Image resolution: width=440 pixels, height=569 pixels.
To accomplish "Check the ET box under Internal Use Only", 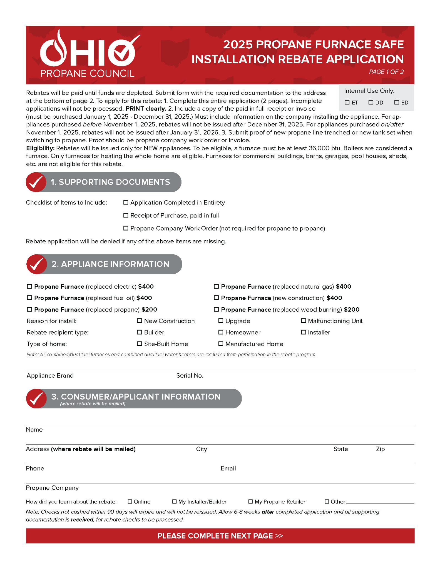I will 347,102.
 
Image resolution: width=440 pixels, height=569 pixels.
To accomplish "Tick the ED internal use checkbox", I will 397,102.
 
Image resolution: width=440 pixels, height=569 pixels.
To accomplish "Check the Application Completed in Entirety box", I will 126,202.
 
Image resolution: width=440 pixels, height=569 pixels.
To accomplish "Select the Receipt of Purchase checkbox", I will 126,215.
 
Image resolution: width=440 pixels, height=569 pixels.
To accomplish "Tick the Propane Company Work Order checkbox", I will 126,228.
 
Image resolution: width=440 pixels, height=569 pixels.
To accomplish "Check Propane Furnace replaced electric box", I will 29,286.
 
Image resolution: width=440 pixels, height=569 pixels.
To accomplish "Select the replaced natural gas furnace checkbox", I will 216,286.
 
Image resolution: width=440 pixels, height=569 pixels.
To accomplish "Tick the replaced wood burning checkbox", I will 216,309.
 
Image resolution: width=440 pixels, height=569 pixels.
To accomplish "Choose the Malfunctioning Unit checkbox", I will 304,321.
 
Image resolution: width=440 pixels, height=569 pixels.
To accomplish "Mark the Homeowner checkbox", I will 221,332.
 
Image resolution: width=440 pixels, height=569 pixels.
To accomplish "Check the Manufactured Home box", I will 221,344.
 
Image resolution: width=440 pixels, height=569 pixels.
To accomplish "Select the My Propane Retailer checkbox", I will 250,501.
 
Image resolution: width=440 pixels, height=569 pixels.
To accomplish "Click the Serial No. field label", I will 190,376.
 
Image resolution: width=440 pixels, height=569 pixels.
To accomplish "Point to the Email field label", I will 228,468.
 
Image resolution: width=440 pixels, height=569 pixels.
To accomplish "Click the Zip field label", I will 380,449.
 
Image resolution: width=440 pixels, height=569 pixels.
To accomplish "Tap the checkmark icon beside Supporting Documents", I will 36,182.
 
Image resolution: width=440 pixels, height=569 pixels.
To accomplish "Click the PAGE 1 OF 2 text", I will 386,72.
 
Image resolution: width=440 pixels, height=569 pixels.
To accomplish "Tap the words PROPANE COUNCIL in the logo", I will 87,73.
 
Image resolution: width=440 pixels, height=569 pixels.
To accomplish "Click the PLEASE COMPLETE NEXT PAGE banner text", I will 220,536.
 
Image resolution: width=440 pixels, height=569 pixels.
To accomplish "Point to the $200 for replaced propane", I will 149,310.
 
